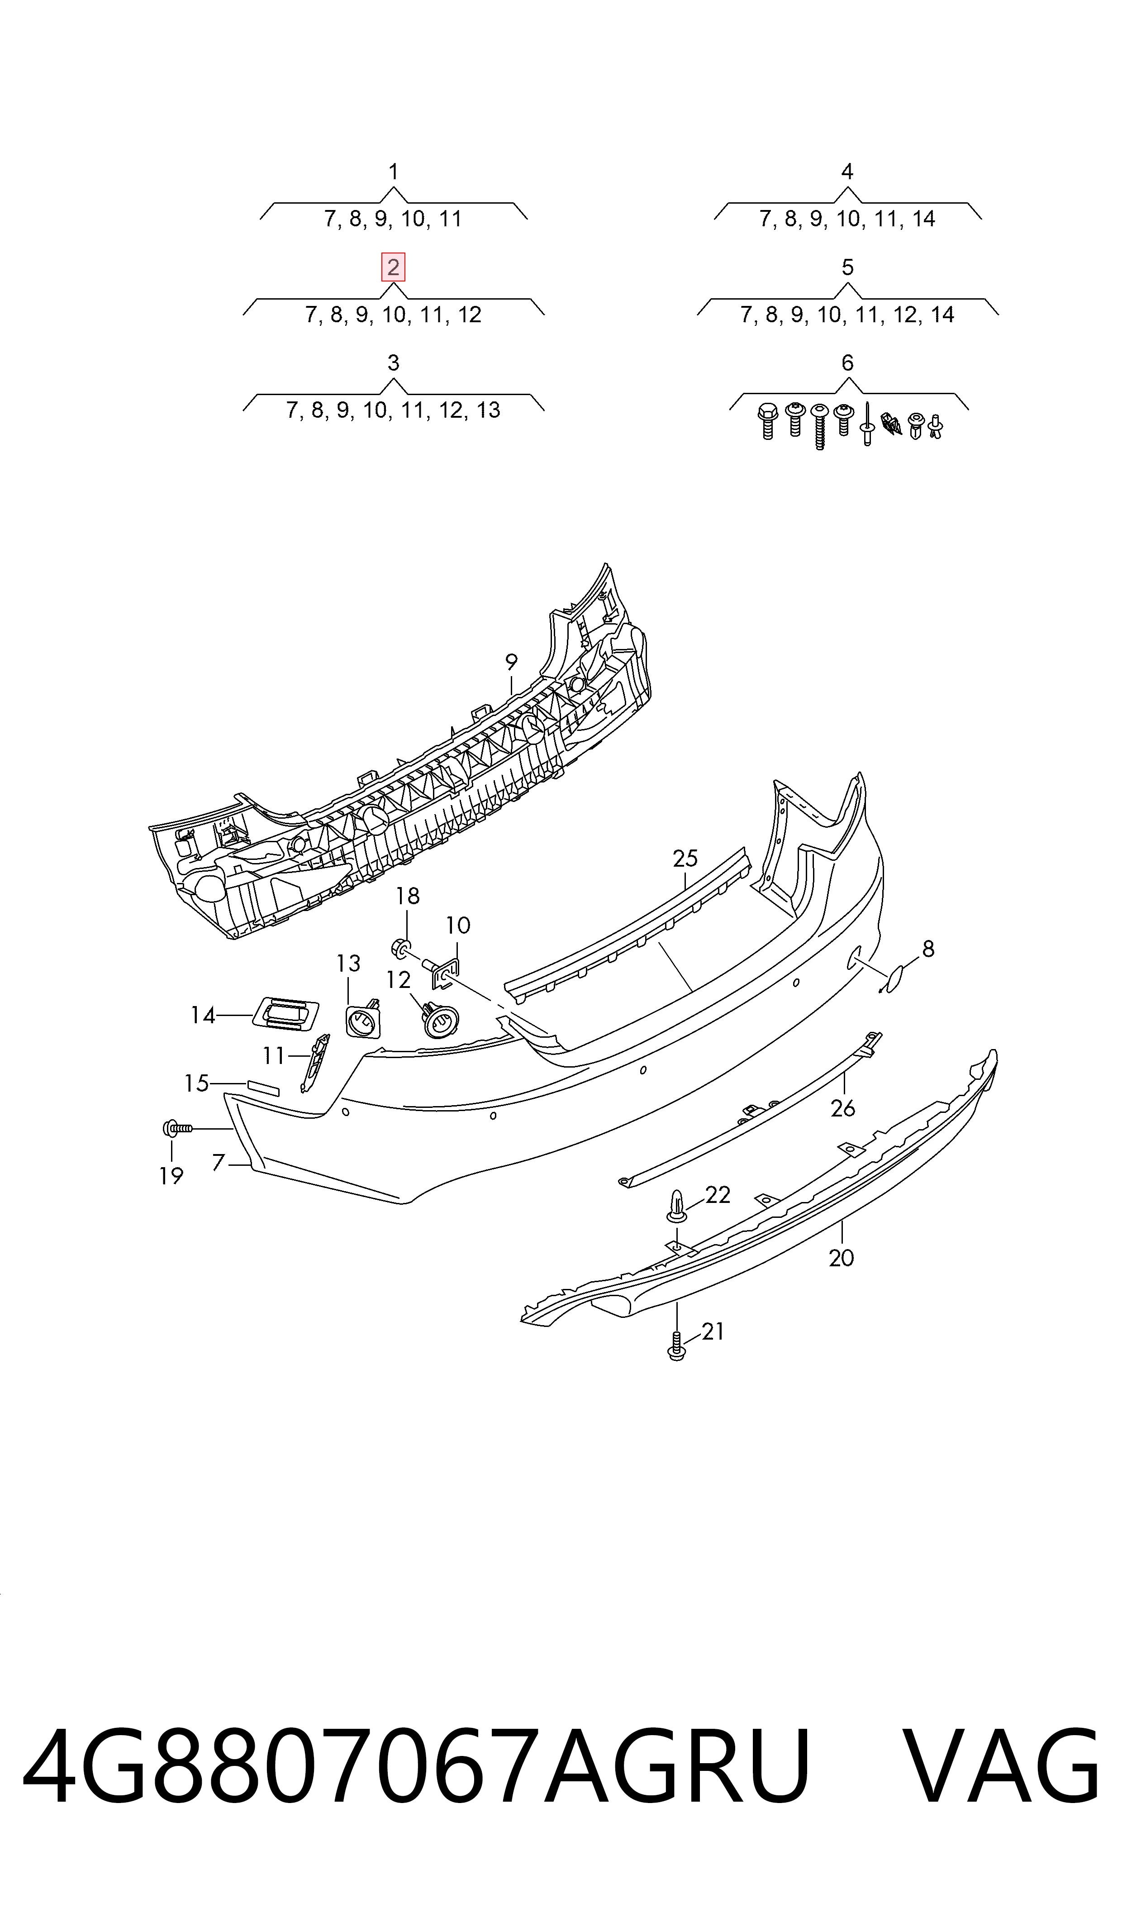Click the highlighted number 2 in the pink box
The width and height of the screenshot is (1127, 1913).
pos(393,267)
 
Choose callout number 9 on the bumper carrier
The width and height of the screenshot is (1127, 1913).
pos(511,662)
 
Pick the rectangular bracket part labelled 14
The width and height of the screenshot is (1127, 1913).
pos(285,1014)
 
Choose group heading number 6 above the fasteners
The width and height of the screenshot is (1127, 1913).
pos(847,363)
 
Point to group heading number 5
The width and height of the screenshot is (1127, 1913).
pos(847,267)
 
